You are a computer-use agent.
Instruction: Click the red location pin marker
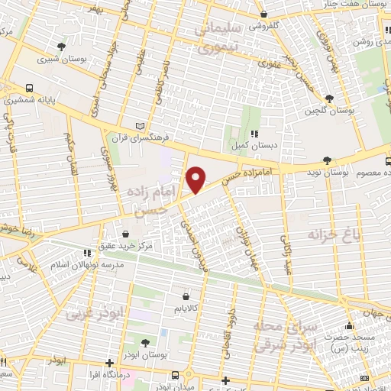coord(197,180)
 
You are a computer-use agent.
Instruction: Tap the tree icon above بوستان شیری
coord(61,45)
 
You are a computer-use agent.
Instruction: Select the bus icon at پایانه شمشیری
coord(30,87)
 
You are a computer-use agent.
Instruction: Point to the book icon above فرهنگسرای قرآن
coord(138,124)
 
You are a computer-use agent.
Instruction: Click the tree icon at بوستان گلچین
coord(329,99)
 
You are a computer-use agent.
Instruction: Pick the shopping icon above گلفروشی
coord(263,13)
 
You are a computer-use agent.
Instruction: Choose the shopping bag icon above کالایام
coord(186,296)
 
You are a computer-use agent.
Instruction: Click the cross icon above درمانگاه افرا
coord(110,361)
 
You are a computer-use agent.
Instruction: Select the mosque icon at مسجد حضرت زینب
coord(349,327)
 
